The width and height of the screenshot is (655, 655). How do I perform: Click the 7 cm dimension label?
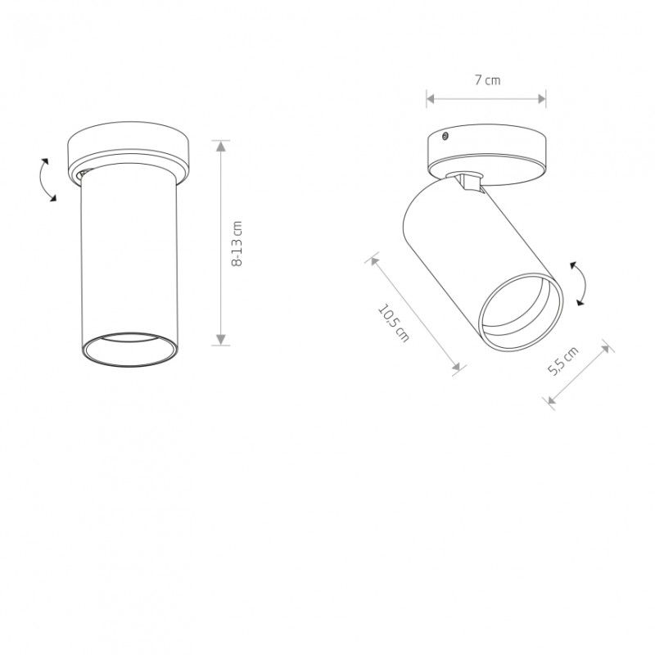pyautogui.click(x=487, y=79)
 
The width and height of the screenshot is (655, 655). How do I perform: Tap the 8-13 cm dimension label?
pyautogui.click(x=237, y=243)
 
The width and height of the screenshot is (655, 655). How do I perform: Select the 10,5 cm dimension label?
pyautogui.click(x=394, y=323)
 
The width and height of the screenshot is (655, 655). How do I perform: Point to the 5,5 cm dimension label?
pyautogui.click(x=562, y=361)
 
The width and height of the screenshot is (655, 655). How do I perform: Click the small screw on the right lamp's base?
pyautogui.click(x=445, y=135)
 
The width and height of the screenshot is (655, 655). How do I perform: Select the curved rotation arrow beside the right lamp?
pyautogui.click(x=581, y=284)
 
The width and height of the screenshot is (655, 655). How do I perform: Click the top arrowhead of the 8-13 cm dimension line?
pyautogui.click(x=221, y=146)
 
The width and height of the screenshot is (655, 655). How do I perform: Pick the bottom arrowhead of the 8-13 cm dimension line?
pyautogui.click(x=221, y=340)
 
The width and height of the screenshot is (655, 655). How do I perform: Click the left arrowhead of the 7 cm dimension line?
pyautogui.click(x=431, y=99)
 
